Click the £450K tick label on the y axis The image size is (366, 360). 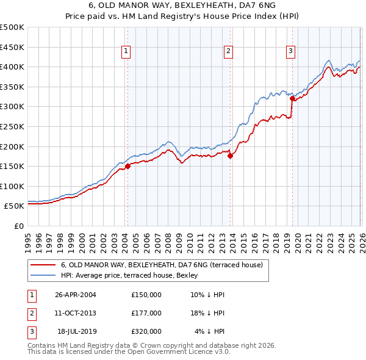[12, 47]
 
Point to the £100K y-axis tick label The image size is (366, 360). [12, 186]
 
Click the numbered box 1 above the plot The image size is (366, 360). [126, 52]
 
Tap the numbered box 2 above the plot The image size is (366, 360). [229, 52]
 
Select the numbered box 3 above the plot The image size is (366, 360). [291, 52]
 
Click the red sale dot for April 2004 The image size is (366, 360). [127, 166]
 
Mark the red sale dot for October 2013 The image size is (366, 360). [230, 156]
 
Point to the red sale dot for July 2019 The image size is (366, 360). [292, 98]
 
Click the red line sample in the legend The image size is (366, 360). [43, 265]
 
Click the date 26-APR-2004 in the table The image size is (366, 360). [75, 295]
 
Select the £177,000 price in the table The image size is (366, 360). [146, 313]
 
